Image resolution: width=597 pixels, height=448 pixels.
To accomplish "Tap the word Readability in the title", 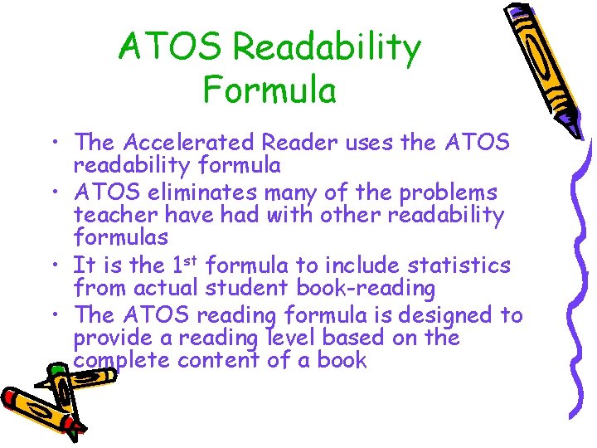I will [x=328, y=49].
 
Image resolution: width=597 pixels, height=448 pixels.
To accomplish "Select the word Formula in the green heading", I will [x=269, y=90].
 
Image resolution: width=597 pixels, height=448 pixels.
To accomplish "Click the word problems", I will [x=449, y=193].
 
